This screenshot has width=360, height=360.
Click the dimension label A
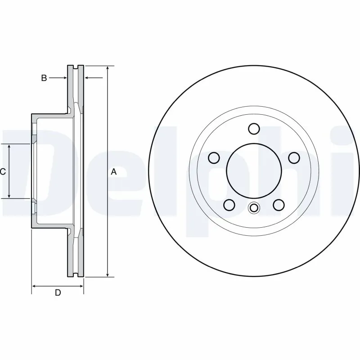(114, 171)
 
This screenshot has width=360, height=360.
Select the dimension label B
(44, 78)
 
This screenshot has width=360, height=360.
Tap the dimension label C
(3, 171)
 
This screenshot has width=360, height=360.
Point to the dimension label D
(58, 293)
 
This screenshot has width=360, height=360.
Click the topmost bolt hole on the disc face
(254, 129)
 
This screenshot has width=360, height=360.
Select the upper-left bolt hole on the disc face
(214, 157)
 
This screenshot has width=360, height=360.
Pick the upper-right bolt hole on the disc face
(294, 157)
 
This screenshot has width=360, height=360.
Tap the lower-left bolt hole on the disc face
(229, 205)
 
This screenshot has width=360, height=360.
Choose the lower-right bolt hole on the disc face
(279, 205)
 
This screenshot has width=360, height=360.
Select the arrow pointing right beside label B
(64, 78)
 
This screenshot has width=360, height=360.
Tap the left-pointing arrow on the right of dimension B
(87, 78)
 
